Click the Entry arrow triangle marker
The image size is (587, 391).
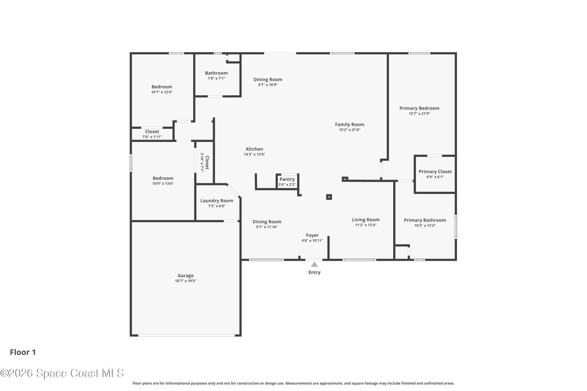(x=314, y=265)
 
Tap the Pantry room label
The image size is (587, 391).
(x=287, y=179)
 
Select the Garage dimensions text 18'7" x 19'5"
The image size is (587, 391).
(x=186, y=281)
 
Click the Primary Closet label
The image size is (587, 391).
(x=435, y=172)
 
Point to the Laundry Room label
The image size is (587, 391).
(x=217, y=201)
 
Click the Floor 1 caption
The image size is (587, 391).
(x=23, y=352)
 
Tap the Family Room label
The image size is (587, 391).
(x=349, y=124)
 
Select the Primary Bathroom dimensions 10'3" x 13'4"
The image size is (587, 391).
(x=425, y=225)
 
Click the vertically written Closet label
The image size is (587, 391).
(x=207, y=163)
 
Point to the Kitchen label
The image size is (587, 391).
(x=254, y=149)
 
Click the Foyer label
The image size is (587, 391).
(x=312, y=235)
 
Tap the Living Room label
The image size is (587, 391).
(x=366, y=220)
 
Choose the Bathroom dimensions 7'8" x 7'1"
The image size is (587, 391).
(x=216, y=79)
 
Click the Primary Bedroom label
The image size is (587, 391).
(x=419, y=108)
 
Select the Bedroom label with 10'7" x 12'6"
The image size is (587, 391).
(x=162, y=87)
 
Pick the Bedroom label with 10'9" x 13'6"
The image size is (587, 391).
(x=163, y=178)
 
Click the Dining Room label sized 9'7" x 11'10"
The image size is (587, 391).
(x=267, y=222)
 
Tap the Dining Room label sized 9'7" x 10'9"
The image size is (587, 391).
(x=268, y=79)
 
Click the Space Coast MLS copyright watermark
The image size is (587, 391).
(x=62, y=373)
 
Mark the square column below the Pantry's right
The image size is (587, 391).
(x=329, y=197)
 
